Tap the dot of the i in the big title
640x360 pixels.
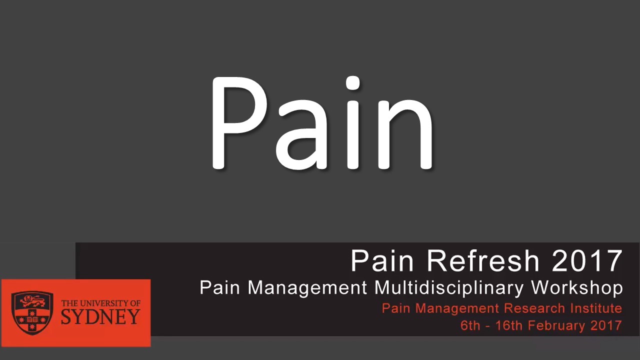click(x=353, y=84)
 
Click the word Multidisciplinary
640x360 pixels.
click(x=449, y=288)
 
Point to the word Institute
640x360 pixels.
click(x=595, y=308)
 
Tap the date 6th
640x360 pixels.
click(x=470, y=325)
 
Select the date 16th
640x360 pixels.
click(x=509, y=325)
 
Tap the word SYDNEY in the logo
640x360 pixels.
click(x=100, y=317)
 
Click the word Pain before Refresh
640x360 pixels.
click(x=378, y=261)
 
